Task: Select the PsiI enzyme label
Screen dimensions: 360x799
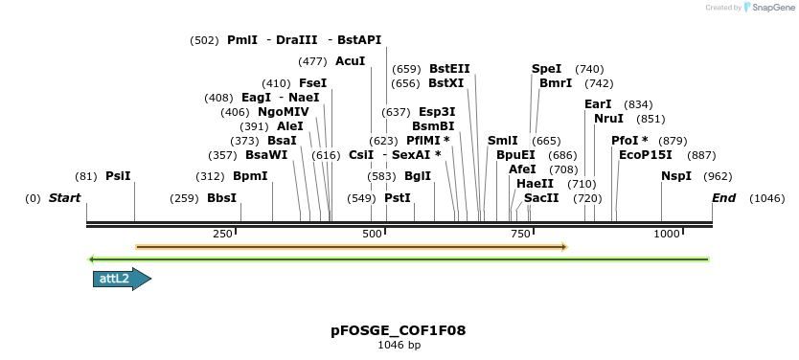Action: (118, 176)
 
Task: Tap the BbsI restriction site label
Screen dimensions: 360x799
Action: (221, 198)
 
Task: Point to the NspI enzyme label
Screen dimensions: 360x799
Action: (676, 176)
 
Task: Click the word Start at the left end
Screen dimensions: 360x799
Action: (64, 198)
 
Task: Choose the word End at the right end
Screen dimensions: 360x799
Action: (724, 198)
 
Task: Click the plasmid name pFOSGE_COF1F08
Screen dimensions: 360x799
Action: (399, 330)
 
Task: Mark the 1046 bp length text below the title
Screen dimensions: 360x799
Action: (399, 345)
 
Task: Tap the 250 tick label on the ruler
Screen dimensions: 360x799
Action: (222, 235)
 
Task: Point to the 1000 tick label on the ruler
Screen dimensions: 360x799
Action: (666, 235)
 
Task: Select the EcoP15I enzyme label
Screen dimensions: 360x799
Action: (646, 154)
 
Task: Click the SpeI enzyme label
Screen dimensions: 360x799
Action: (546, 69)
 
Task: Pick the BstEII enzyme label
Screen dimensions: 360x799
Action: (449, 69)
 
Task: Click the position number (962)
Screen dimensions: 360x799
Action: (718, 176)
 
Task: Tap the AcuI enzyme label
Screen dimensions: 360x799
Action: (351, 61)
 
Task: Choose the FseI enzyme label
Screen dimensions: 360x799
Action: (313, 83)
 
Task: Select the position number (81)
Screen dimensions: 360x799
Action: (86, 176)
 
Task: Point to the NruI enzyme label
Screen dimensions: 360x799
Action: (608, 119)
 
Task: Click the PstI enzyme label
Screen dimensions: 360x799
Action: (398, 198)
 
